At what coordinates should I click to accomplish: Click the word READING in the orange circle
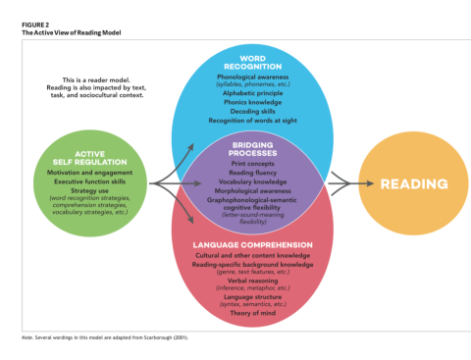pos(413,183)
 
